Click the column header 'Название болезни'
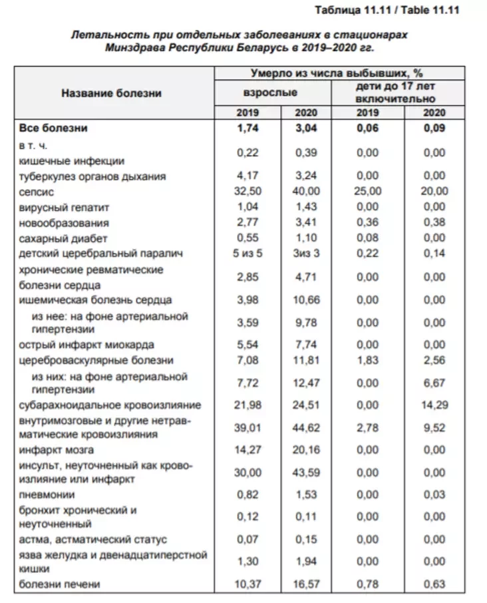coord(112,93)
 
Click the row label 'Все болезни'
coord(54,128)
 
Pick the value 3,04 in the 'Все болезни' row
coord(306,128)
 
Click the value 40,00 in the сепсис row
coord(306,191)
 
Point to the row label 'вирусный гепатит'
coord(64,207)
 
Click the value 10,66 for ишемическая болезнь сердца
coord(306,300)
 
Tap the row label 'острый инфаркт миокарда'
coord(87,345)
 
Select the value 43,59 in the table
coord(306,473)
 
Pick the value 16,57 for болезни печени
coord(306,584)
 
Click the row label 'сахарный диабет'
coord(64,238)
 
